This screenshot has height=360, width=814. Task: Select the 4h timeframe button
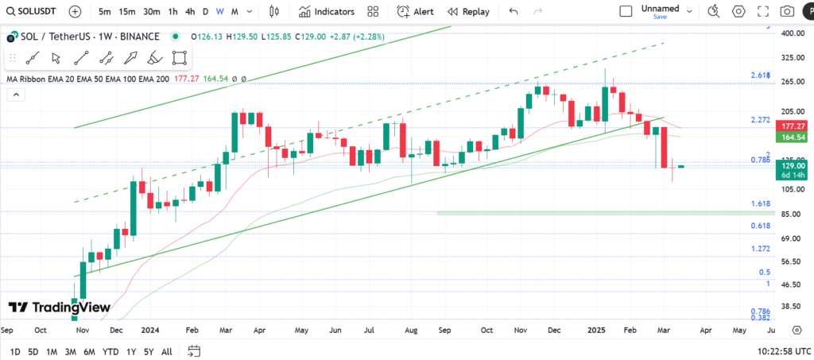coord(189,12)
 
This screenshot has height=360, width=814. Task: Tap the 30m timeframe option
coord(151,12)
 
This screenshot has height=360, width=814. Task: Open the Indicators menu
coord(327,12)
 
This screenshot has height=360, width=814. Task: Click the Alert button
coord(415,12)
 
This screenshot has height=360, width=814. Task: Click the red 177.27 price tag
coord(794,126)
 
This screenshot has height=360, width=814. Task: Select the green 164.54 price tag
coord(794,137)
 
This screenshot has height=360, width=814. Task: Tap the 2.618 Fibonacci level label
coord(761,75)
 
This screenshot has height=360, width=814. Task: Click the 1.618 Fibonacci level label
coord(761,204)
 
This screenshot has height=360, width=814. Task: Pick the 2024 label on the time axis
coord(149,329)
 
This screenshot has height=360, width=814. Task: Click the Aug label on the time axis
coord(411,329)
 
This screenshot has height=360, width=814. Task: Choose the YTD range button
coord(110,351)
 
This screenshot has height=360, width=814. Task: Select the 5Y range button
coord(149,351)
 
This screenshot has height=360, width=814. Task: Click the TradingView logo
coord(60,308)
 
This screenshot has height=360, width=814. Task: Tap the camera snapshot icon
coord(787,12)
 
